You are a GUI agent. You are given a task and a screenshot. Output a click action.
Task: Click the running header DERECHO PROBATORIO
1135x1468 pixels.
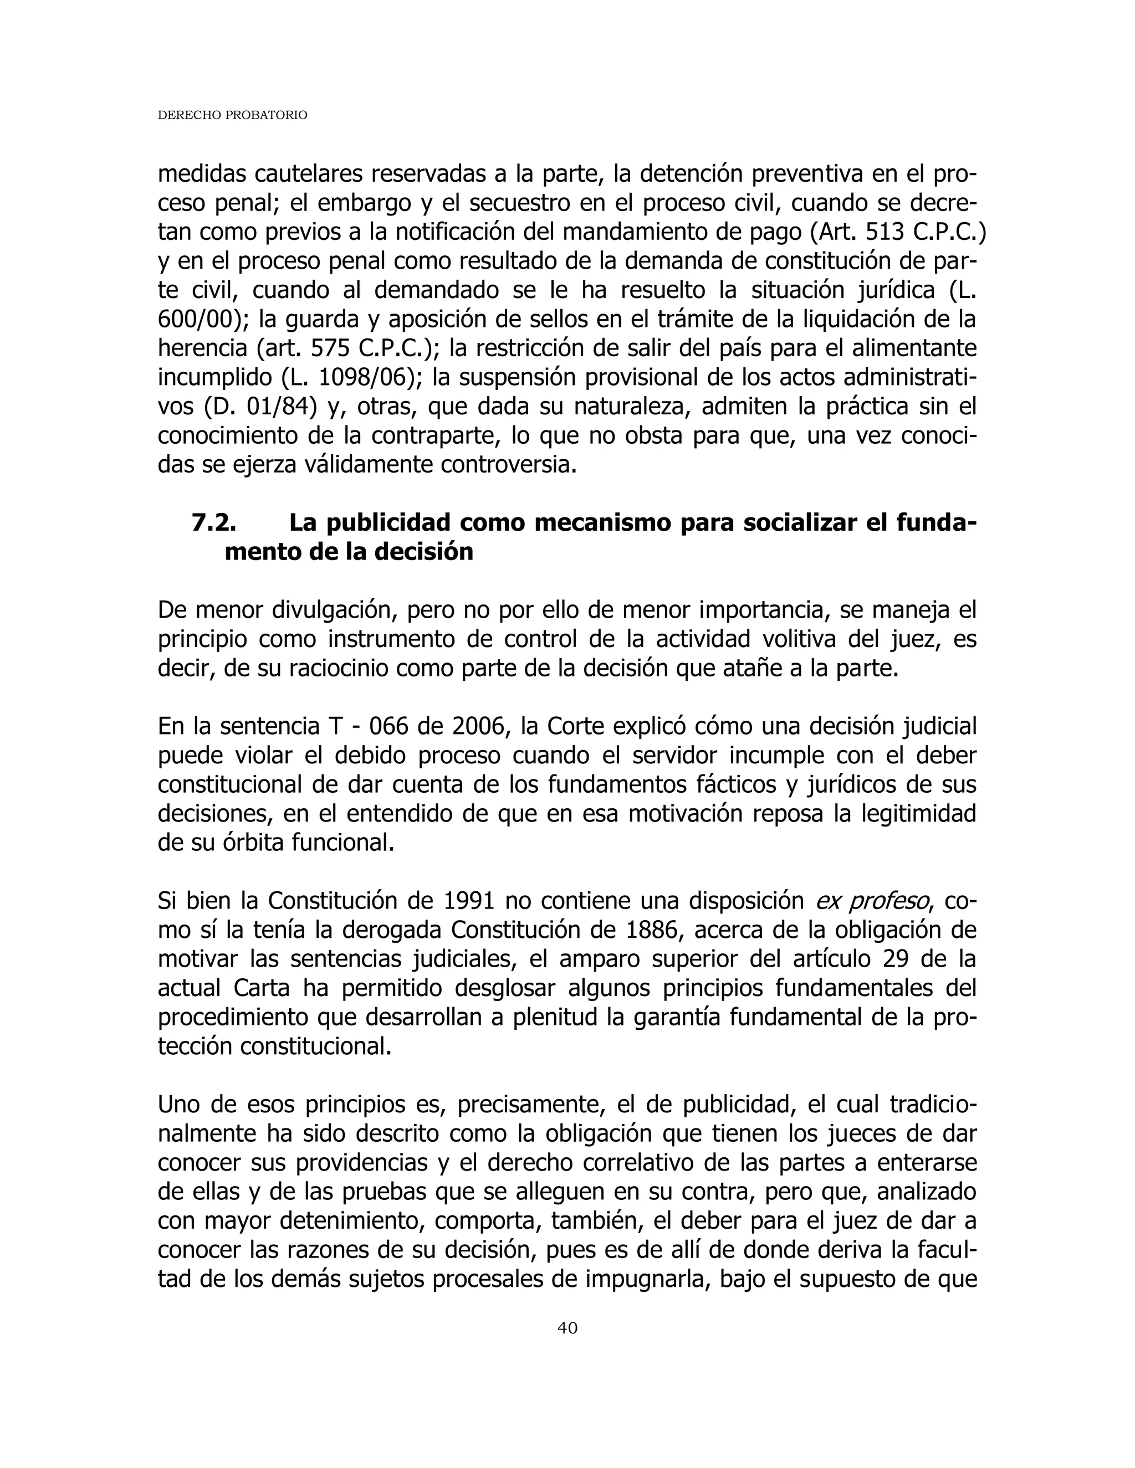232,116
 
